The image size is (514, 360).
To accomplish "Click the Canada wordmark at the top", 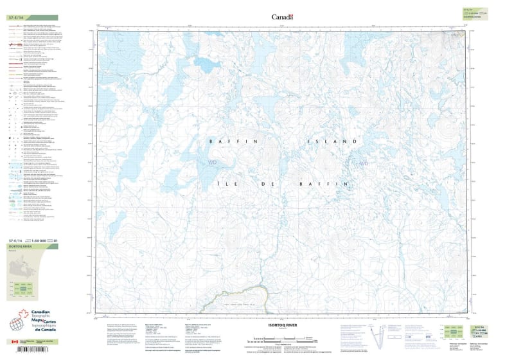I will (x=282, y=17).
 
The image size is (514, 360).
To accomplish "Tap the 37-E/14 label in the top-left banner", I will (x=18, y=17).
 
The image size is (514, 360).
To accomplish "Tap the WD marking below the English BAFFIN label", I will (x=213, y=163).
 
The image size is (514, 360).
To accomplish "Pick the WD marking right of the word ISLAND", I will (x=364, y=163).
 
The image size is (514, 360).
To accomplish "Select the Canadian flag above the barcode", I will (x=15, y=342).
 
